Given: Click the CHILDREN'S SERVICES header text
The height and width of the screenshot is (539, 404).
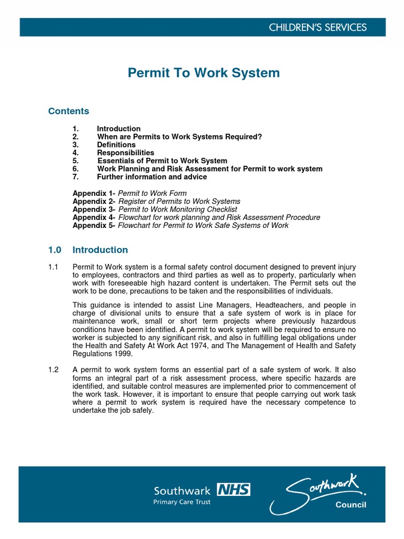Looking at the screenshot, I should (x=325, y=27).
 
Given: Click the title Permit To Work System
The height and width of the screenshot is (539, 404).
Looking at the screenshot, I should (x=204, y=73).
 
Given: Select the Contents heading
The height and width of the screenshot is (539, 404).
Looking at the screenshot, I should (x=68, y=111).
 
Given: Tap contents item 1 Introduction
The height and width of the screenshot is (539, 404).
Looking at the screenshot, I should (x=118, y=128).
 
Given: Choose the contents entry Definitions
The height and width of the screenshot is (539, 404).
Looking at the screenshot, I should (x=116, y=145).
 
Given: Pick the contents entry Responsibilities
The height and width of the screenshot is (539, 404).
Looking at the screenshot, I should (x=125, y=153).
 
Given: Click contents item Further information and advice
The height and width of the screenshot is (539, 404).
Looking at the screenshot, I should (x=151, y=177).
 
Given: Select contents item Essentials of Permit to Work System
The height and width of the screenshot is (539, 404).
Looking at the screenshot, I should (x=162, y=161).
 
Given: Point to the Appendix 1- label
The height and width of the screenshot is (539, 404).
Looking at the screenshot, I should (x=94, y=193).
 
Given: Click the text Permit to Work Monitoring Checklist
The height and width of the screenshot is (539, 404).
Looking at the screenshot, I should (x=178, y=209).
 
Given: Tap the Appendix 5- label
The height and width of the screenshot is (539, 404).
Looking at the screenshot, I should (x=94, y=225).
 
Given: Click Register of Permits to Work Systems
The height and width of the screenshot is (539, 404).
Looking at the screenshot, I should (x=179, y=201).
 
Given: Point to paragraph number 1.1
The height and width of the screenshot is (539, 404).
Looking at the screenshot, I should (x=53, y=267).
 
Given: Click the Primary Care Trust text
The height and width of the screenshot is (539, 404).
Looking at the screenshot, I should (x=181, y=502).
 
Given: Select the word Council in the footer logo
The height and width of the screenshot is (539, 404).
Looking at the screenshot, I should (x=350, y=505).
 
